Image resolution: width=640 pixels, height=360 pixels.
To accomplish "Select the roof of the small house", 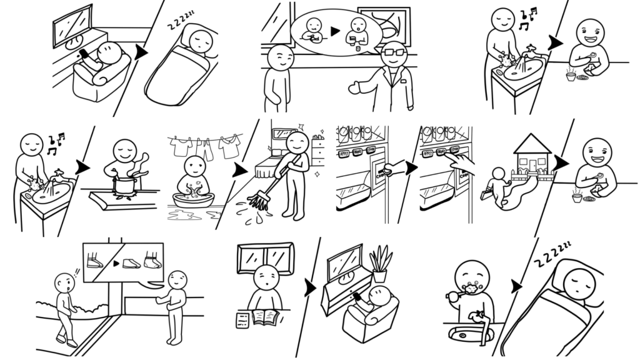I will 532,144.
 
